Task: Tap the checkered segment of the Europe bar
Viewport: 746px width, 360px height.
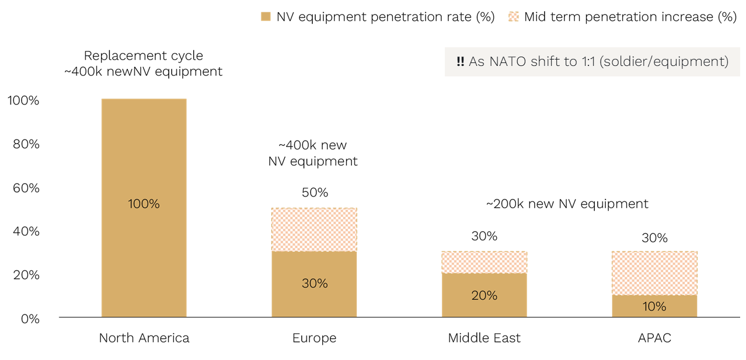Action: tap(314, 229)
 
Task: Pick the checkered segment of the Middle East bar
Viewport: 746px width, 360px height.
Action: tap(484, 262)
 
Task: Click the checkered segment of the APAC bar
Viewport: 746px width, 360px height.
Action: tap(654, 272)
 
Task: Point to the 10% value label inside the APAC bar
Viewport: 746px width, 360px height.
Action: tap(654, 306)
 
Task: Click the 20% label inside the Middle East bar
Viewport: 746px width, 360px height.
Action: tap(484, 295)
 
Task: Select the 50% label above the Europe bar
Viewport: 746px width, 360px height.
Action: tap(315, 193)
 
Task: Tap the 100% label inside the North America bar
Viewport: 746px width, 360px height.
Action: tap(144, 204)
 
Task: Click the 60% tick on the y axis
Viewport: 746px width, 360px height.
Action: tap(26, 188)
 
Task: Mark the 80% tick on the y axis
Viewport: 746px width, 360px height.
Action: tap(26, 144)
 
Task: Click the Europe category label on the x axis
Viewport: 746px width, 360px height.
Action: tap(314, 338)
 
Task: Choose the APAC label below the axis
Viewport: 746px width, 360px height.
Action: tap(654, 338)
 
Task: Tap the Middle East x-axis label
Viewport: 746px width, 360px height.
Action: tap(484, 338)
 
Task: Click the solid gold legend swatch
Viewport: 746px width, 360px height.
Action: tap(266, 17)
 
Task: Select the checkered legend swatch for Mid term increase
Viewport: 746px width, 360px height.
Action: tap(514, 17)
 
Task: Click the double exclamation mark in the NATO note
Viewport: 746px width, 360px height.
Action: tap(460, 61)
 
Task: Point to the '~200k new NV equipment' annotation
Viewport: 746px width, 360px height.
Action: tap(567, 204)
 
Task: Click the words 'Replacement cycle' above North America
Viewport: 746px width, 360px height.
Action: tap(144, 56)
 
